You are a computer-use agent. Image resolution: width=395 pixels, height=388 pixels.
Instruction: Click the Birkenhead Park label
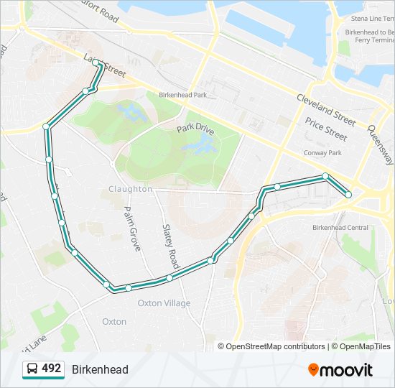[182, 95]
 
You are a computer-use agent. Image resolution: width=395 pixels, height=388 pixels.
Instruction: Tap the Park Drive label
[195, 129]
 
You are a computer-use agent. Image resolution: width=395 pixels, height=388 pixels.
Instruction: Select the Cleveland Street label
[326, 108]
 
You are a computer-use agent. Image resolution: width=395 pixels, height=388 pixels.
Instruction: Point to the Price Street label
[325, 129]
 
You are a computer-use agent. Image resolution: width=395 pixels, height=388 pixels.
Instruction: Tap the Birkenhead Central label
[340, 228]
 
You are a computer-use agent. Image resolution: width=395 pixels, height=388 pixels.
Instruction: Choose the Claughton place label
[130, 189]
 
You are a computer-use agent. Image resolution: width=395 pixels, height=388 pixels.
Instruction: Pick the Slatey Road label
[170, 241]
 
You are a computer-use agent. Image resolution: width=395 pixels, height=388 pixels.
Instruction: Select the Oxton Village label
[164, 303]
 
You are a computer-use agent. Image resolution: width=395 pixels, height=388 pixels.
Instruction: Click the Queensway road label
[380, 144]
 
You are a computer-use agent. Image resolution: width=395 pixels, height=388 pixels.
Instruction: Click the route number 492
[52, 369]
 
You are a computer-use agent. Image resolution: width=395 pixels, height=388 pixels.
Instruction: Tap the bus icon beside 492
[32, 369]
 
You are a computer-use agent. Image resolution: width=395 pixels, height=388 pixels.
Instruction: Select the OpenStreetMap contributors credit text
[275, 346]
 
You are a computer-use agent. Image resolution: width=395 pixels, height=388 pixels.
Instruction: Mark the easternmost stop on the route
[348, 194]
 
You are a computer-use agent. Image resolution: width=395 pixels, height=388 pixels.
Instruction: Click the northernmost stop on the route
[96, 63]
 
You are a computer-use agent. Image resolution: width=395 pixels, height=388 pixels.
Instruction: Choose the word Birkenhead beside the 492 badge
[100, 369]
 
